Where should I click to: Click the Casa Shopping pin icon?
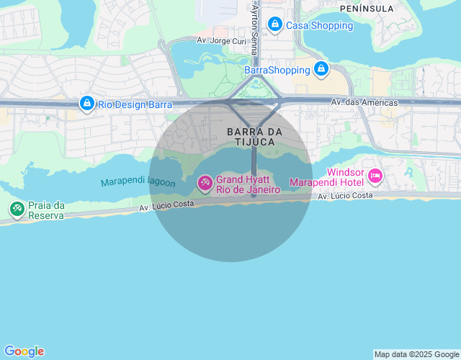point(274,25)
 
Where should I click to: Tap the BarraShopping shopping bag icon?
point(321,70)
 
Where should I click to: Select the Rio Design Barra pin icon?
point(87,104)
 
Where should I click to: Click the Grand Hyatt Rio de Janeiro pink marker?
point(205,184)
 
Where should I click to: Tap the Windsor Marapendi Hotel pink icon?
point(375,176)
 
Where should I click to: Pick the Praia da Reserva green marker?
point(17,210)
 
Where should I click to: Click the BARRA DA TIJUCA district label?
point(254,137)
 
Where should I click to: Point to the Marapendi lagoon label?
point(138,183)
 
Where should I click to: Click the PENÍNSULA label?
point(367,9)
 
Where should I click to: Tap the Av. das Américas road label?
point(364,103)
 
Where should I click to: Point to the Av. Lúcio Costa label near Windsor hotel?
point(345,196)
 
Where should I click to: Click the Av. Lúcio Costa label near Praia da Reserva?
point(166,206)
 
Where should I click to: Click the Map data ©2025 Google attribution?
point(416,354)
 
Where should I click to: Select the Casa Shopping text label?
point(320,25)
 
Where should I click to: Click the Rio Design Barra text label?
point(135,104)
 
